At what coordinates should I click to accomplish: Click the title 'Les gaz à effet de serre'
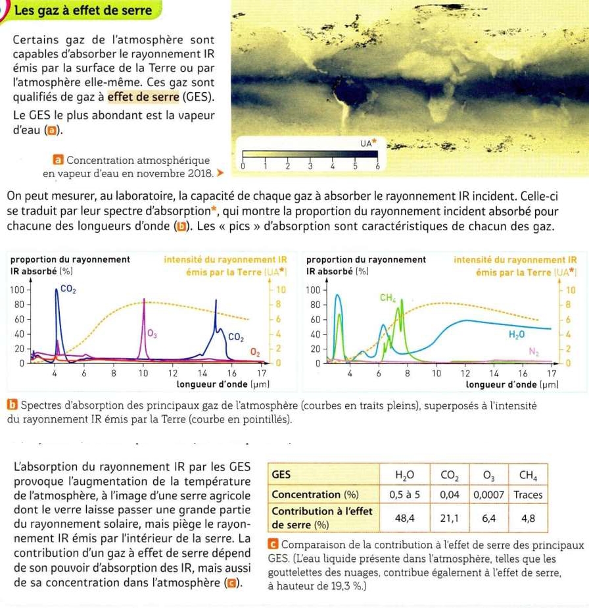tap(83, 11)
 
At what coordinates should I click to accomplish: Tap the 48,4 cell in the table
tap(404, 519)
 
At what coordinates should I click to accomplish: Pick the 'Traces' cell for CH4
tap(527, 494)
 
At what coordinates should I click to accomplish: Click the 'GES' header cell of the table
tap(281, 474)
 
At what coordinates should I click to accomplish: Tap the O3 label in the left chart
tap(153, 335)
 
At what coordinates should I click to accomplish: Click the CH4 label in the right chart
tap(387, 298)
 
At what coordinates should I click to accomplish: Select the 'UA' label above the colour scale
tap(367, 142)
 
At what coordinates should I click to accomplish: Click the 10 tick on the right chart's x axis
tap(436, 374)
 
